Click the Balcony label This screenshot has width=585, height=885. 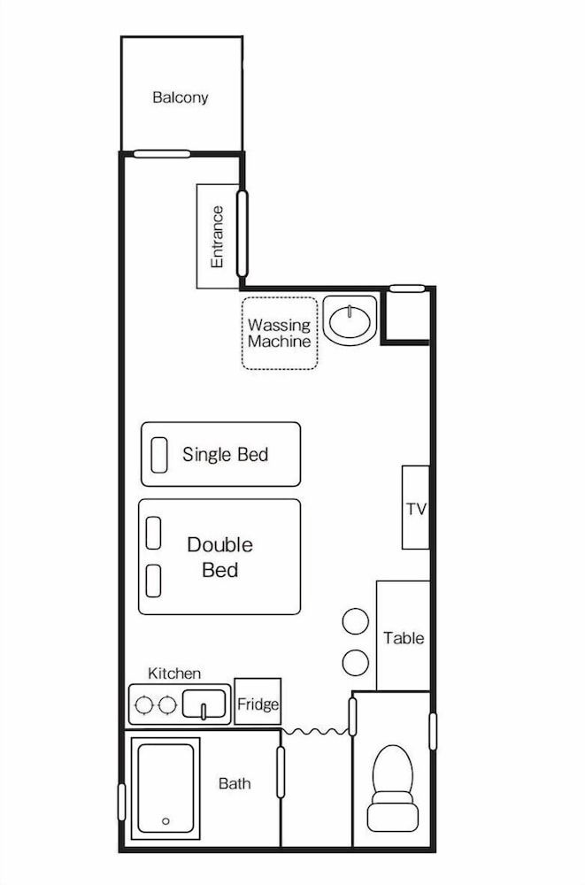tap(181, 97)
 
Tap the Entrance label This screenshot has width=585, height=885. tap(217, 237)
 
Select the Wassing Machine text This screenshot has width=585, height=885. tap(279, 334)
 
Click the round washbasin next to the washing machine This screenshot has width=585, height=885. tap(350, 320)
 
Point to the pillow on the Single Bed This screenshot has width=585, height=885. tap(159, 454)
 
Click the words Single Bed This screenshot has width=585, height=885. tap(225, 455)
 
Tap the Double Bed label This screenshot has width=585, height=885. tap(219, 558)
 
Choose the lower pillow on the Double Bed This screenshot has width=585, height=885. tap(153, 581)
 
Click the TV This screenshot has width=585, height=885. tap(416, 509)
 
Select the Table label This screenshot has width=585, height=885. tap(404, 638)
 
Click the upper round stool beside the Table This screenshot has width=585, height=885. tap(356, 622)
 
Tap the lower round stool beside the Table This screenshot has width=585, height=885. tap(356, 661)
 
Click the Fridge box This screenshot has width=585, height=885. tap(258, 704)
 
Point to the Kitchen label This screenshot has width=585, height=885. tap(174, 674)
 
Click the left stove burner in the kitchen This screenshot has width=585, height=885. tap(142, 705)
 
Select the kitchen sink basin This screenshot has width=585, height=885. tap(204, 706)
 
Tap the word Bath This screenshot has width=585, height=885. tap(235, 784)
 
